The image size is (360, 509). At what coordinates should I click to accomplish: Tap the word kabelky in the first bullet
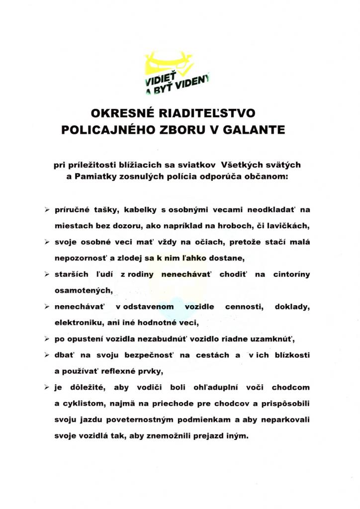[x=130, y=210]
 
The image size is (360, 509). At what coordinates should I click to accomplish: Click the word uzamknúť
[x=272, y=339]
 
